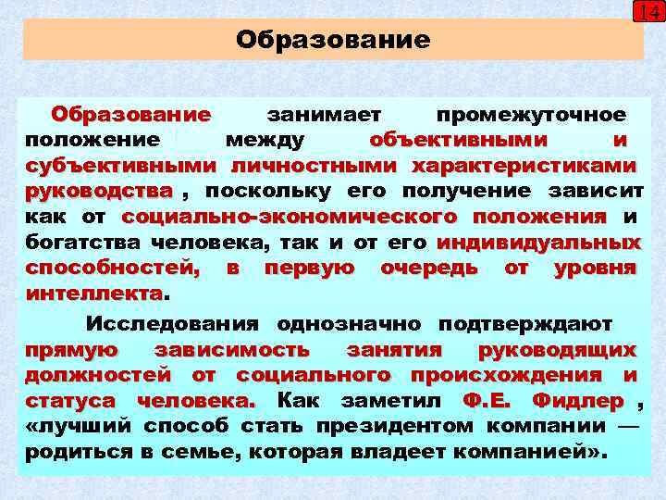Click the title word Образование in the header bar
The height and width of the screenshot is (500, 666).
coord(333,40)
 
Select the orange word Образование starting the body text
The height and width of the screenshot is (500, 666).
coord(131,115)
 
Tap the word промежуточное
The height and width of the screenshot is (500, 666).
coord(532,115)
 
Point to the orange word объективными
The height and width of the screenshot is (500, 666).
coord(458,141)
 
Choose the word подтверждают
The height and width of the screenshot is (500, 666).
coord(525,324)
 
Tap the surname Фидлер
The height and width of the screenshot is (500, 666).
coord(578,402)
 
